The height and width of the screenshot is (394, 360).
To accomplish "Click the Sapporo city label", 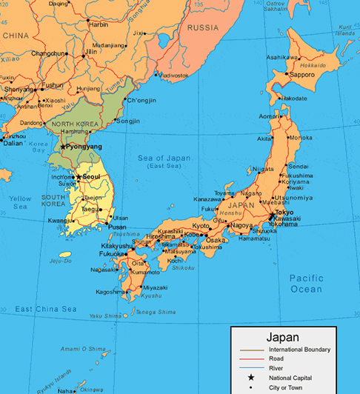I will pos(302,75).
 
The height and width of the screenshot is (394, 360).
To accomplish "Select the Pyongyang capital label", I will pos(84,147).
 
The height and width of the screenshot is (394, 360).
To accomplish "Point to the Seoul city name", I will pos(93,177).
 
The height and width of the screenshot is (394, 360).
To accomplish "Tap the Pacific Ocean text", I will pos(306,282).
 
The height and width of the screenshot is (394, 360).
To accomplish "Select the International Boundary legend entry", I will pos(299,349).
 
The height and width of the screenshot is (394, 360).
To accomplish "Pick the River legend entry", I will pos(277,368).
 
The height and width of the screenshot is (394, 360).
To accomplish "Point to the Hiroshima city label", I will pos(161,236).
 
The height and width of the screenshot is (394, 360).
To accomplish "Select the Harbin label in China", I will pos(99,24).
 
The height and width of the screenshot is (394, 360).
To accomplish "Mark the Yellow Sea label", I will pos(20,202).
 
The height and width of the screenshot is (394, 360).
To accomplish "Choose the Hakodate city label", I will pos(293,98).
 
